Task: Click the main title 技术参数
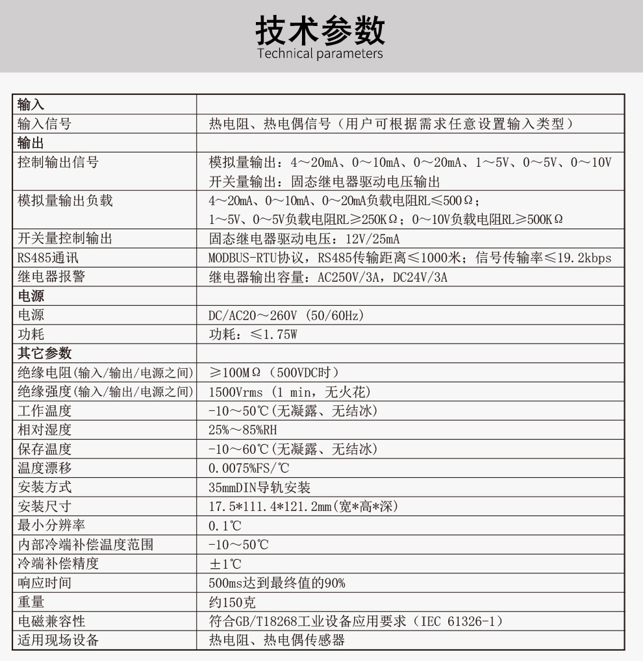pyautogui.click(x=320, y=29)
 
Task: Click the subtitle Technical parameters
pyautogui.click(x=320, y=53)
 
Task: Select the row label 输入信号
pyautogui.click(x=44, y=124)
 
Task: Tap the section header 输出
pyautogui.click(x=31, y=143)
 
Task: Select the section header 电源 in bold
pyautogui.click(x=31, y=296)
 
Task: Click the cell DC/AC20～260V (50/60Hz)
pyautogui.click(x=286, y=316)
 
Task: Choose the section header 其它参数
pyautogui.click(x=44, y=353)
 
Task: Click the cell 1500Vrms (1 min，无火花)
pyautogui.click(x=290, y=392)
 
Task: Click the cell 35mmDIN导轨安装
pyautogui.click(x=260, y=487)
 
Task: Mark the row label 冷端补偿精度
pyautogui.click(x=58, y=564)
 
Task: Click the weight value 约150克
pyautogui.click(x=232, y=602)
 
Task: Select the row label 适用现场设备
pyautogui.click(x=58, y=640)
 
